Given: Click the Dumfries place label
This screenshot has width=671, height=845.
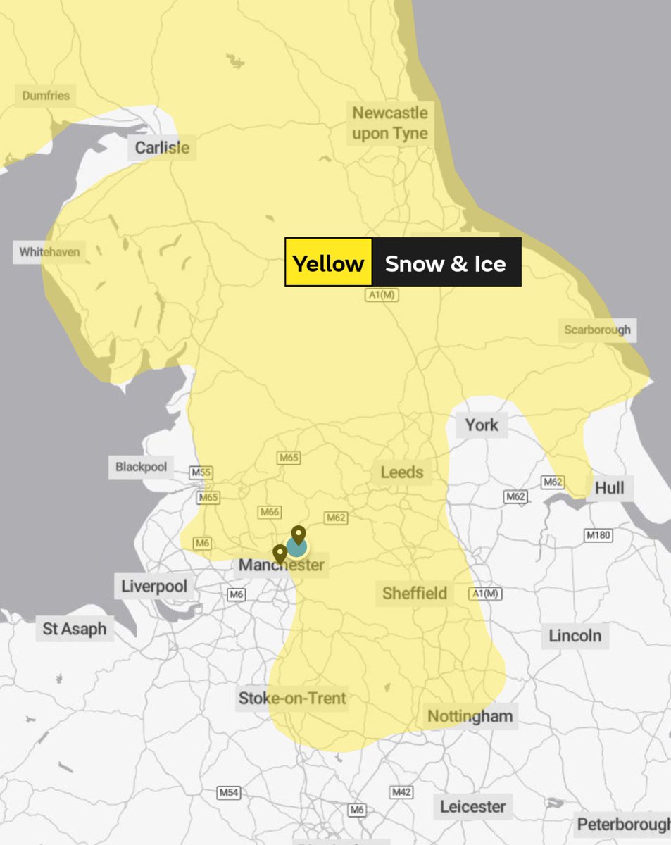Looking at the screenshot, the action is (x=46, y=95).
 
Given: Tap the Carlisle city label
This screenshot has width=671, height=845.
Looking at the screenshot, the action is (x=162, y=148).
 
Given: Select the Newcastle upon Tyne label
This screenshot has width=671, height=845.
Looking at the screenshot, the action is (x=389, y=123).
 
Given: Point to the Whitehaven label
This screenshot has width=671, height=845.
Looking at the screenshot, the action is (x=49, y=251).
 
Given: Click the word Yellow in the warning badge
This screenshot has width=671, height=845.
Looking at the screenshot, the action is (x=328, y=263).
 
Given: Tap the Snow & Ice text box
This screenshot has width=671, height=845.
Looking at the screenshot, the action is (x=446, y=263).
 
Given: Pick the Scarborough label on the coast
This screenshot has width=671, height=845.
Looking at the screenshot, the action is (x=598, y=330).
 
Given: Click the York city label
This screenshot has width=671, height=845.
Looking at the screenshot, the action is (x=482, y=425).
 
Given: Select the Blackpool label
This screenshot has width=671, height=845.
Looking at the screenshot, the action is (x=142, y=467).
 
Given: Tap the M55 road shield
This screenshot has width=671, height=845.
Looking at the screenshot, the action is (x=201, y=472).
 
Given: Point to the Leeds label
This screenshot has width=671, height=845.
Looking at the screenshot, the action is (x=402, y=472).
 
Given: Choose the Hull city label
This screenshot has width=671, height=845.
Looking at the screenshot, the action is (x=609, y=488).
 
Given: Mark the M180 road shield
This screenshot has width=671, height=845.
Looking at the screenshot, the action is (x=598, y=536).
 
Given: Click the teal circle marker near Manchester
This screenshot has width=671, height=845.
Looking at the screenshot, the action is (x=296, y=548).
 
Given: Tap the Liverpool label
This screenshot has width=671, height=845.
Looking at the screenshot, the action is (x=154, y=586).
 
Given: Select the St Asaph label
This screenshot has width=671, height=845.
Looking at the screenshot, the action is (x=75, y=629).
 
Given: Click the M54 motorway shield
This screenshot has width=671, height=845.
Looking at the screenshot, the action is (x=228, y=793).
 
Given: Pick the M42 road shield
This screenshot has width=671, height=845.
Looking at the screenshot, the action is (x=401, y=792).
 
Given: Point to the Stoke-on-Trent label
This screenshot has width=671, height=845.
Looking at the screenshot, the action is (x=292, y=699).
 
